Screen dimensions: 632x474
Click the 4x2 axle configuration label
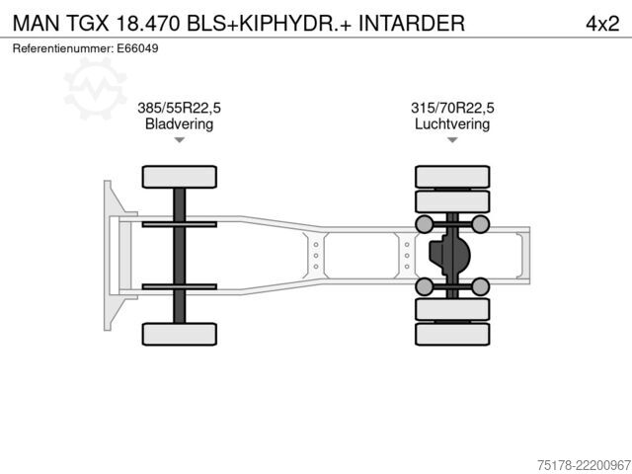(602, 24)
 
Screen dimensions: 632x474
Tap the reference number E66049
(137, 48)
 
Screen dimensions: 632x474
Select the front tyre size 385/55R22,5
(179, 108)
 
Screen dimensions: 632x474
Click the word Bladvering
(179, 123)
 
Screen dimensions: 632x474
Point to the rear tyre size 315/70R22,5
(452, 108)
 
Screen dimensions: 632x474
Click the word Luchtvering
(452, 123)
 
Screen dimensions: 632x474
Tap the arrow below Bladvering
(180, 140)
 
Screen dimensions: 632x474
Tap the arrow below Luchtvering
(452, 140)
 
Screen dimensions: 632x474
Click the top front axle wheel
(180, 177)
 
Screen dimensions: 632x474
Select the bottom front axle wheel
(180, 334)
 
